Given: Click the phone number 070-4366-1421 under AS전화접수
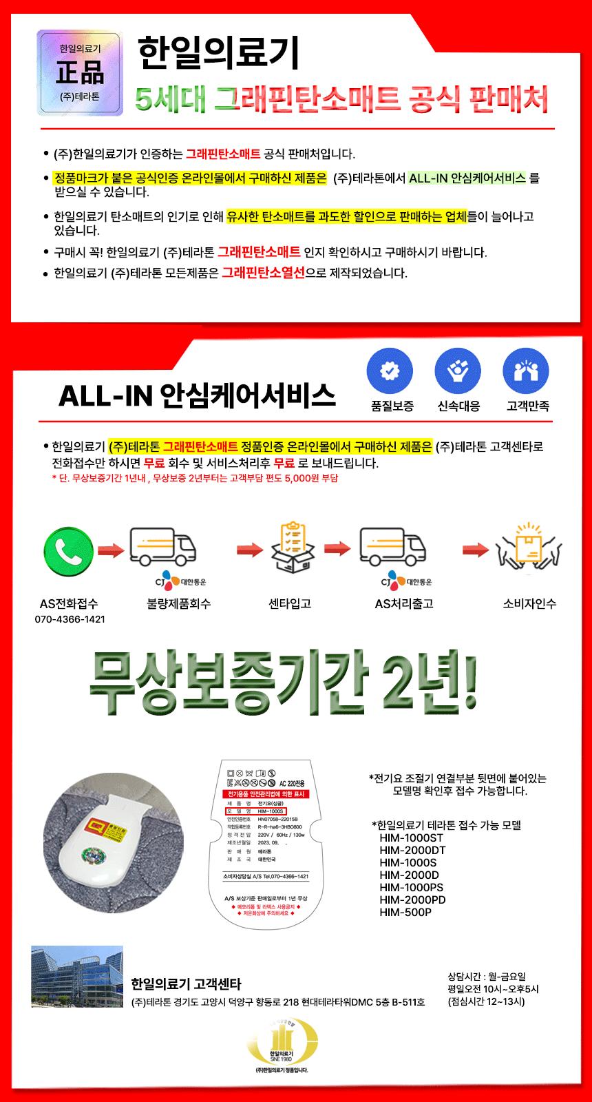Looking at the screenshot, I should click(x=70, y=619).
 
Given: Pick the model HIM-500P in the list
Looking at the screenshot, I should click(x=405, y=913).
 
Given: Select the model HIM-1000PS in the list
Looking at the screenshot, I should click(x=412, y=888).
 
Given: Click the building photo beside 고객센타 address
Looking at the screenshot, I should click(x=76, y=977).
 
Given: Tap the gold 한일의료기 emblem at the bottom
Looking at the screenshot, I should click(x=282, y=1045).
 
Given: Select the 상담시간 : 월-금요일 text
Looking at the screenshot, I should click(x=487, y=976).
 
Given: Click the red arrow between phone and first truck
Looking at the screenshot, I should click(x=110, y=551).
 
